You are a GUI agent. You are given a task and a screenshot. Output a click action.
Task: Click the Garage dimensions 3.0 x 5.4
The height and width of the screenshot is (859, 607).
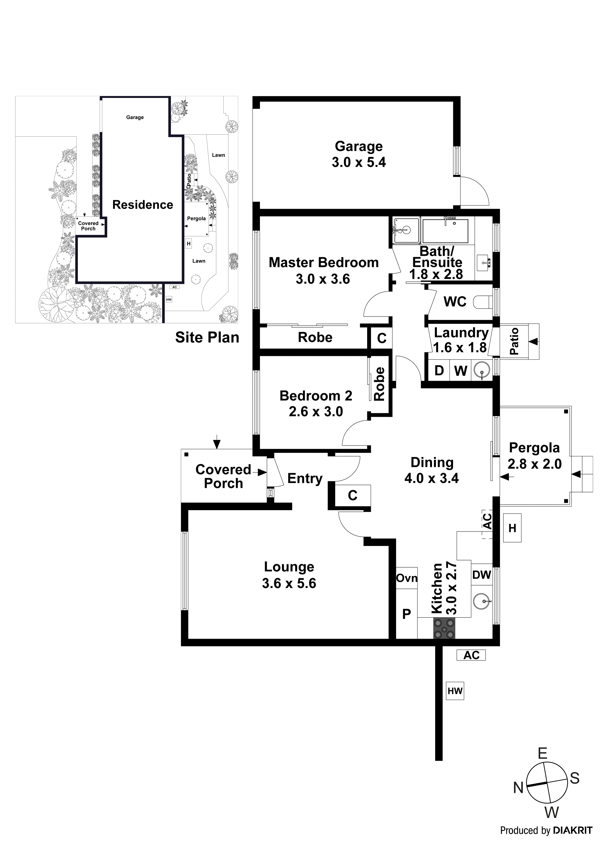point(358,162)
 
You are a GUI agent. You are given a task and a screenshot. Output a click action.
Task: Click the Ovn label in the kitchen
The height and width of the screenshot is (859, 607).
point(407,578)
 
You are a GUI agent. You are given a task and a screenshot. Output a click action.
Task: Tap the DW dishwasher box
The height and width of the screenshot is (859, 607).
point(481,575)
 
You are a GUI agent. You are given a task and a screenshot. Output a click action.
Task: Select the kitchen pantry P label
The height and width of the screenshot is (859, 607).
point(406,614)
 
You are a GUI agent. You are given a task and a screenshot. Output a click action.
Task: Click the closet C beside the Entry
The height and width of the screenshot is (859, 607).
point(352,495)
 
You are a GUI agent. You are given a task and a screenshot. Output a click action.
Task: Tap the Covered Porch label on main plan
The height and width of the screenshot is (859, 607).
point(223,476)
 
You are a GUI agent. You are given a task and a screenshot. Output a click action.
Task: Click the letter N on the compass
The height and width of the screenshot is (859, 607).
point(518,788)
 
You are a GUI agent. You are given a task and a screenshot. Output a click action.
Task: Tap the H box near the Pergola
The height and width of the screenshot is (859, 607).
point(512,528)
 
